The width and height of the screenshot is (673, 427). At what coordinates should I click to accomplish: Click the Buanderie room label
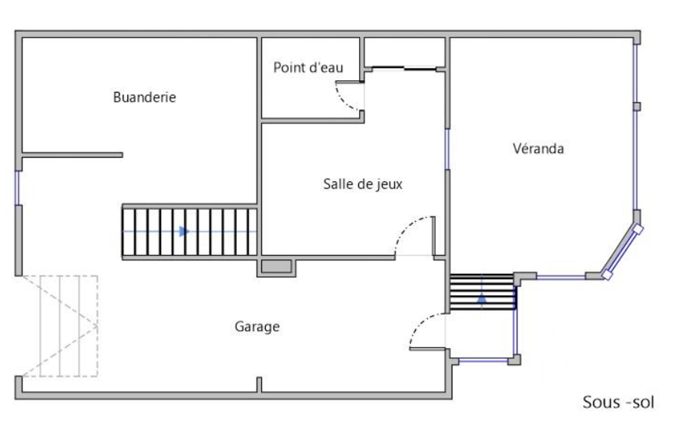[144, 97]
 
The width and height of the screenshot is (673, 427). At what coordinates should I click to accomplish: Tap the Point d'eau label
[308, 68]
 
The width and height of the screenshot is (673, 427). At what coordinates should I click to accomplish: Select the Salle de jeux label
[362, 185]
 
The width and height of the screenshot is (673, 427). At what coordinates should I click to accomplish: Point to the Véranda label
[538, 148]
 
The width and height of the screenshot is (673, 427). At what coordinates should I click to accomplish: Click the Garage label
[257, 327]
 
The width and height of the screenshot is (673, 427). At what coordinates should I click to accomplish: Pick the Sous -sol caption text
[618, 402]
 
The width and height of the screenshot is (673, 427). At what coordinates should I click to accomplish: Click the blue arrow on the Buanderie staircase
[184, 231]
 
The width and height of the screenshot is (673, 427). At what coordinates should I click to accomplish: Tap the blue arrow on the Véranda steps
[481, 298]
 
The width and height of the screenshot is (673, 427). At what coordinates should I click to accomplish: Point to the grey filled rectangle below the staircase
[276, 266]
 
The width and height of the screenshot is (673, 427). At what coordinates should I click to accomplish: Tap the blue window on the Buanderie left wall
[18, 188]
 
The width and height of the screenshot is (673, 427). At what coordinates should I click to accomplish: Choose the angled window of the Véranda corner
[622, 252]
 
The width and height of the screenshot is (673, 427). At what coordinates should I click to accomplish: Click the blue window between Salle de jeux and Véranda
[447, 148]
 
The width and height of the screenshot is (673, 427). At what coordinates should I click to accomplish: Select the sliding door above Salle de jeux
[404, 68]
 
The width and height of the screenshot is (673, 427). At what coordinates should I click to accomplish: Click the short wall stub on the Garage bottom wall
[259, 384]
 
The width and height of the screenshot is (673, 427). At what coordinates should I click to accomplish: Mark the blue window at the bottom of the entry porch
[483, 360]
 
